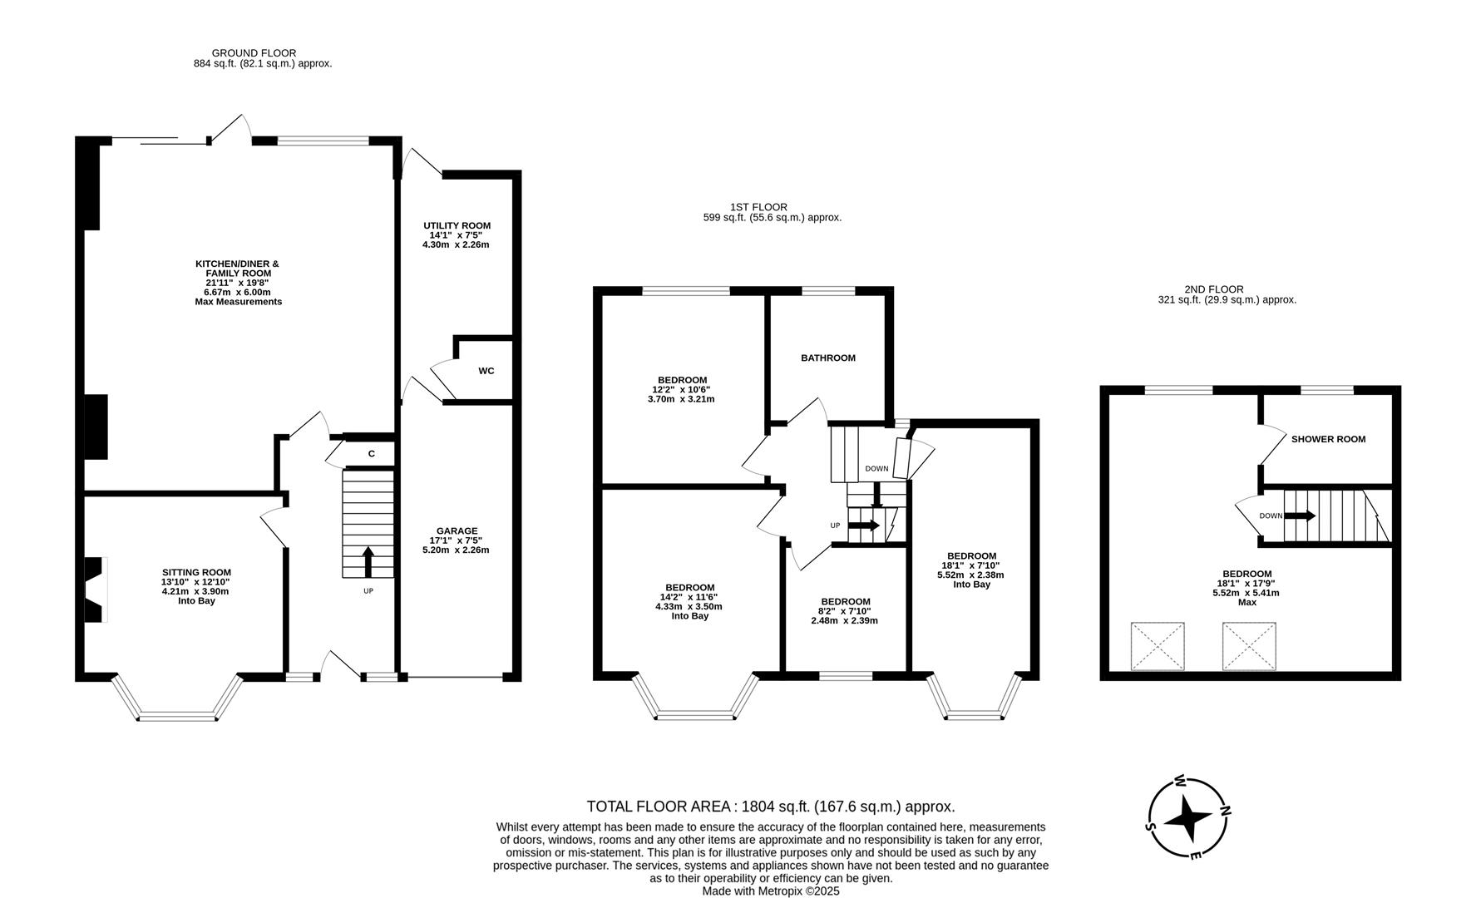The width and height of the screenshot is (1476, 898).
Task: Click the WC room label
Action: pyautogui.click(x=486, y=371)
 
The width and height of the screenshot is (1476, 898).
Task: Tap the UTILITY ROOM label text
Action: pyautogui.click(x=457, y=225)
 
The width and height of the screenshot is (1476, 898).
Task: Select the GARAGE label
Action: pyautogui.click(x=457, y=530)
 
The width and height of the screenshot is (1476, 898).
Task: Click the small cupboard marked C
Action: pyautogui.click(x=371, y=453)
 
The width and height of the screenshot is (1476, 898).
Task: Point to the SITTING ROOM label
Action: pyautogui.click(x=196, y=572)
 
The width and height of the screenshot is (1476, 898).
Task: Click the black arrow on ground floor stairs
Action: pyautogui.click(x=368, y=561)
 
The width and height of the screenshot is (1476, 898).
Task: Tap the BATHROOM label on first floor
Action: pyautogui.click(x=827, y=358)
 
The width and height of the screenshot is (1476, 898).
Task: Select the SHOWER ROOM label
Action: pyautogui.click(x=1328, y=439)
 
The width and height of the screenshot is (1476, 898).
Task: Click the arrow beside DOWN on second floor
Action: pyautogui.click(x=1300, y=516)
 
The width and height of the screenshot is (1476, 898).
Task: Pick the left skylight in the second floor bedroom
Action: pyautogui.click(x=1158, y=646)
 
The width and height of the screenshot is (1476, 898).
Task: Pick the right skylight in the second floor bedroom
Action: pyautogui.click(x=1249, y=646)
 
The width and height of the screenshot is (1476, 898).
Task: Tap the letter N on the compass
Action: pyautogui.click(x=1225, y=811)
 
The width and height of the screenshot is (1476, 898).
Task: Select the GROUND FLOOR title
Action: pyautogui.click(x=254, y=53)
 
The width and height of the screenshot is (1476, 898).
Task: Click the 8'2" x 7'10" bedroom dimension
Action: pyautogui.click(x=845, y=611)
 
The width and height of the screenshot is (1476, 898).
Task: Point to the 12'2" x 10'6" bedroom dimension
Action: pyautogui.click(x=680, y=389)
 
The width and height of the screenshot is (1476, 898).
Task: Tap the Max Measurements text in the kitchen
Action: pyautogui.click(x=238, y=302)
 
